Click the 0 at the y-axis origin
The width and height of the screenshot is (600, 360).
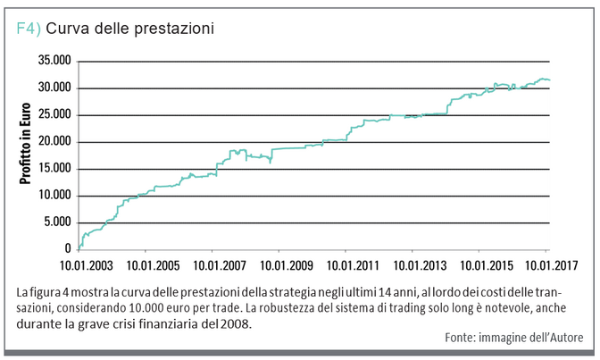tap(68, 248)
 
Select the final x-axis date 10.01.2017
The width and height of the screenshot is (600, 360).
tap(546, 265)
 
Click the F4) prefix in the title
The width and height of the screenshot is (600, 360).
tap(29, 29)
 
